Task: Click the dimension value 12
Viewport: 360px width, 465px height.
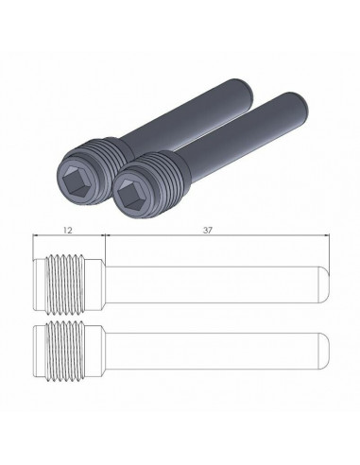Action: pos(69,230)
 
